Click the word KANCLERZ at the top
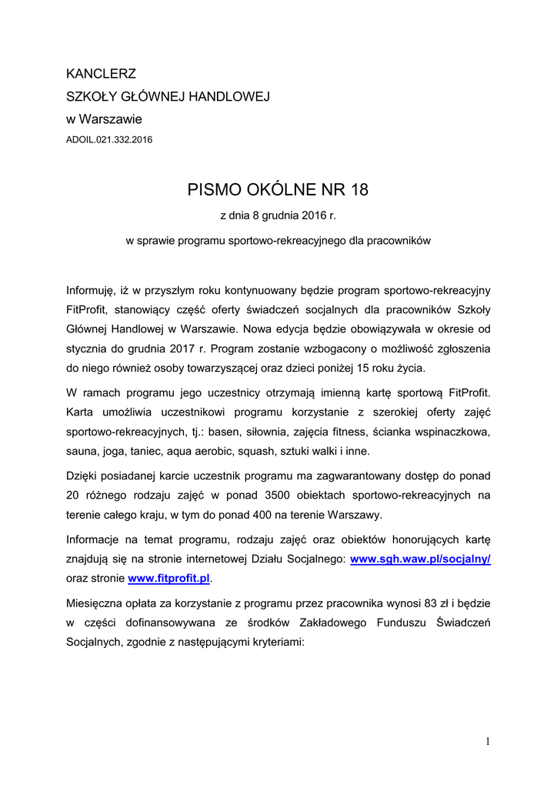[x=102, y=75]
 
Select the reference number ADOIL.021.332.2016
[x=109, y=140]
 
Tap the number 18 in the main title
[x=359, y=189]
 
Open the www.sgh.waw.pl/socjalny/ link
[x=420, y=559]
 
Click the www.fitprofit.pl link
[x=168, y=577]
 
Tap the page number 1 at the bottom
[x=488, y=741]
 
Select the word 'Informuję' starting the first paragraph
[x=90, y=291]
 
